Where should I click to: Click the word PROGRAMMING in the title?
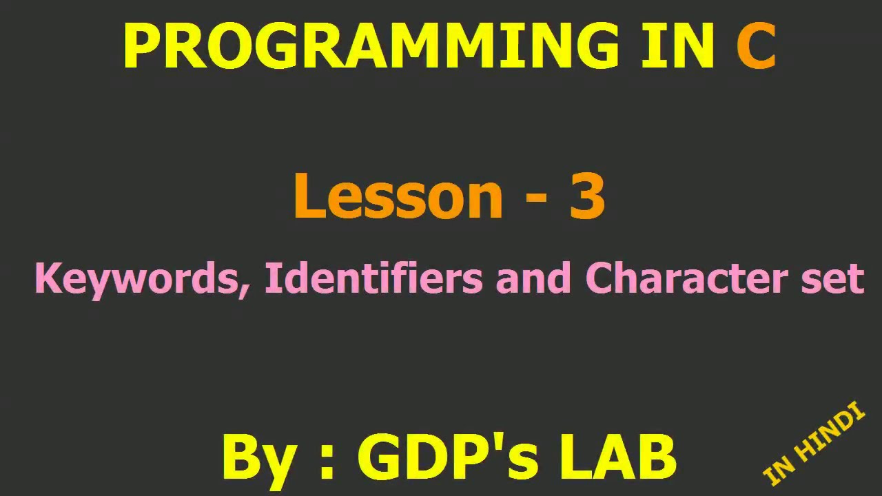click(x=372, y=47)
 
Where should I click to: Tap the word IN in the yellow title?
click(x=677, y=47)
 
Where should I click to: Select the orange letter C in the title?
click(x=756, y=47)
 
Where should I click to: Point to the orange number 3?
click(x=587, y=196)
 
